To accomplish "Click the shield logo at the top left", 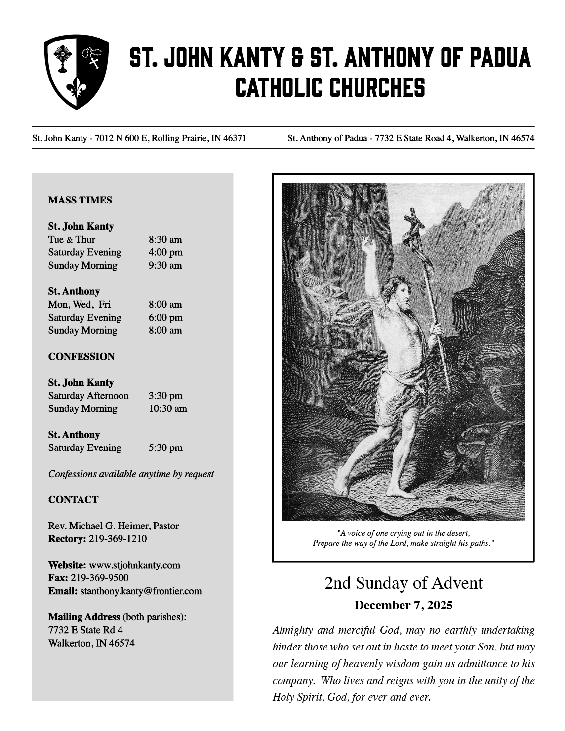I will tap(76, 71).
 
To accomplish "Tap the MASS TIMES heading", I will tap(80, 200).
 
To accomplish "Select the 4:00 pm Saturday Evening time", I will tap(165, 252).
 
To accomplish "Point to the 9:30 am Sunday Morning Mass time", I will tap(165, 265).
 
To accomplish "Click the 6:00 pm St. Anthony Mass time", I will tap(165, 318).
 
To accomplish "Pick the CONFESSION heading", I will tap(81, 357).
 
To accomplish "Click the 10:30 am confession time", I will tap(168, 409).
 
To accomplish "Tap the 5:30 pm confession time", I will tap(165, 448).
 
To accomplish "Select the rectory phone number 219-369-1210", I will tap(118, 539).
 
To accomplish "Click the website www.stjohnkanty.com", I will tap(135, 565).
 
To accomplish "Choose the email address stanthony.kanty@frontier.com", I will tap(141, 591).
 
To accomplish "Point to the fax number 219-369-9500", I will tap(99, 578).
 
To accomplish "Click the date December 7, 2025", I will tap(403, 605).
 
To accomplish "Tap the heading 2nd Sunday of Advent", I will tap(403, 583).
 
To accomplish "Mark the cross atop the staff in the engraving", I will tap(414, 219).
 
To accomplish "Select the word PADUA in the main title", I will tap(499, 58).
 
